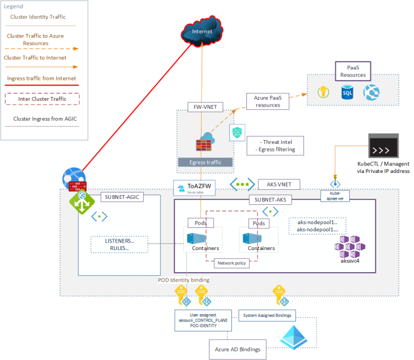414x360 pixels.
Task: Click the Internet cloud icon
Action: click(202, 32)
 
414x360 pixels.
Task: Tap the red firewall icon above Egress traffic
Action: click(204, 144)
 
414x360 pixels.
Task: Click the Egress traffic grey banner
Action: click(205, 162)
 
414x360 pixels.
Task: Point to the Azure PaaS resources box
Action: click(267, 101)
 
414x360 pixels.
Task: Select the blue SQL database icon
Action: click(348, 93)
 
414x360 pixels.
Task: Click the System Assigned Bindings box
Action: click(268, 315)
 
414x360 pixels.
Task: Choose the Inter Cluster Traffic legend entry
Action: click(41, 99)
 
